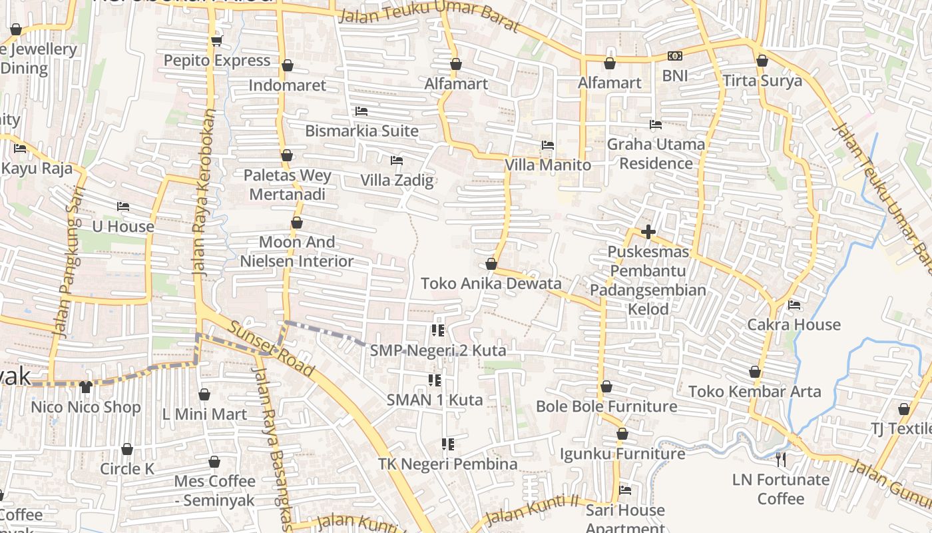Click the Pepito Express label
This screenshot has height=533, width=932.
(x=217, y=61)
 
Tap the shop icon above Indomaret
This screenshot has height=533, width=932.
(x=288, y=65)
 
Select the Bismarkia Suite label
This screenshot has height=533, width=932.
(x=361, y=131)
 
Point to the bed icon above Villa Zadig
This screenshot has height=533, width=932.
(x=397, y=160)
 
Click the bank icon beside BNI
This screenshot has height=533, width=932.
(x=675, y=56)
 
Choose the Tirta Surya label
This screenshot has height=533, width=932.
(x=762, y=81)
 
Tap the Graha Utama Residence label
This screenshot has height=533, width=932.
(x=656, y=154)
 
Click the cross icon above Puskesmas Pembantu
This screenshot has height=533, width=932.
(x=648, y=232)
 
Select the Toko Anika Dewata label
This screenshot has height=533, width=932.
(x=491, y=284)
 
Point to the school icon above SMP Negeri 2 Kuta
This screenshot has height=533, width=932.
(x=437, y=330)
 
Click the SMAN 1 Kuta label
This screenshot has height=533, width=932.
(x=435, y=400)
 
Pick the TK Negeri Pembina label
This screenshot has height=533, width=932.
(x=447, y=464)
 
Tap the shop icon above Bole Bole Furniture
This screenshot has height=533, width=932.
(x=606, y=386)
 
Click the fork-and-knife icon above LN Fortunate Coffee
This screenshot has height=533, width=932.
(x=781, y=459)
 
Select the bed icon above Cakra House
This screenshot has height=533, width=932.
(x=794, y=305)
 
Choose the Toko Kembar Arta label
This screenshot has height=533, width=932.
(x=755, y=391)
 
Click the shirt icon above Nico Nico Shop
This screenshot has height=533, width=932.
(x=85, y=387)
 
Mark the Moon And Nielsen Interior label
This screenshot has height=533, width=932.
(x=297, y=252)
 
